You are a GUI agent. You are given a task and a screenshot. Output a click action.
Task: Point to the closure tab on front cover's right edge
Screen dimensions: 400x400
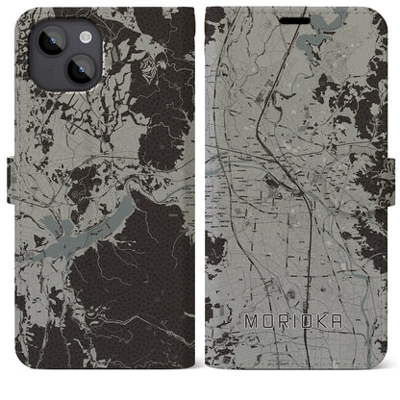[x=394, y=199]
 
